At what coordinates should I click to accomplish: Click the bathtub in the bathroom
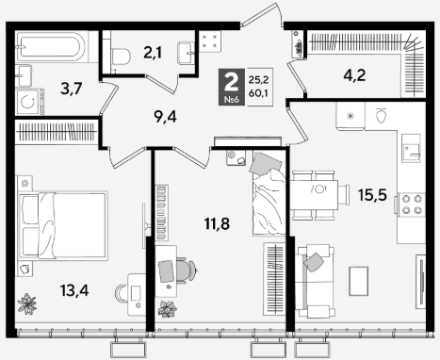point(50,47)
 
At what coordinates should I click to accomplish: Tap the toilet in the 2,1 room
point(120,57)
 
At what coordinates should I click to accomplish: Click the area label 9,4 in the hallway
point(165,117)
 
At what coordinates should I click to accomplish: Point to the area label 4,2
point(354,75)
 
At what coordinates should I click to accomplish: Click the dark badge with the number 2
point(232,87)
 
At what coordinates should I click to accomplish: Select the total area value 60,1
point(258,93)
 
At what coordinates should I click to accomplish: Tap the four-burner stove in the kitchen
point(412,205)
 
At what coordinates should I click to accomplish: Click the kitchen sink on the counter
point(411,148)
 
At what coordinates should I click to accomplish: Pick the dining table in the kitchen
point(314,195)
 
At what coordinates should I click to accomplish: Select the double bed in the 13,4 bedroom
point(63,224)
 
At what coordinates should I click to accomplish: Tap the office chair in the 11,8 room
point(186,270)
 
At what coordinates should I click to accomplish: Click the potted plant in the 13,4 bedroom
point(27,303)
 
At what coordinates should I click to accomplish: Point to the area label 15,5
point(372,195)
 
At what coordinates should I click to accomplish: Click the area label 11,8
point(217,224)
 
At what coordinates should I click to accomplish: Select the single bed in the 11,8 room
point(269,193)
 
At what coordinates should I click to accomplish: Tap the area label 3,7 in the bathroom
point(72,89)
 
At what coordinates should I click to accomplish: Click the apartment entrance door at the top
point(261,15)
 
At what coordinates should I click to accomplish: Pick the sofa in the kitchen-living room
point(315,282)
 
